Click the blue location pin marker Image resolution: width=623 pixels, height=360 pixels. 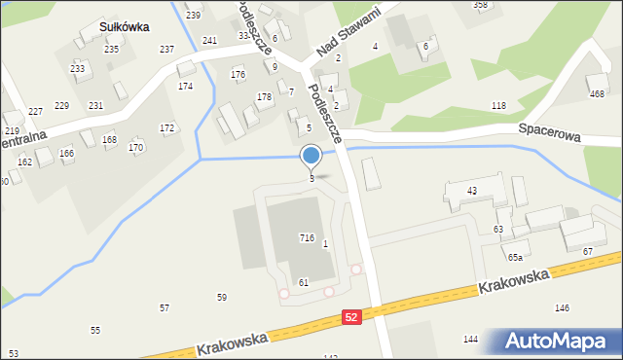(311, 156)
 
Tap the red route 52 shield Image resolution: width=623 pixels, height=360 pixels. (352, 317)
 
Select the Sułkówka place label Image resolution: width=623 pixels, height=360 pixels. (122, 27)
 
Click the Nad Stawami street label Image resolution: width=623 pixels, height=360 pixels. (346, 31)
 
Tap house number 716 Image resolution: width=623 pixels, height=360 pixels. (307, 237)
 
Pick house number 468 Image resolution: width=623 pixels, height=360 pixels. (597, 93)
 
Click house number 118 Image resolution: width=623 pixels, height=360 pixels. (498, 105)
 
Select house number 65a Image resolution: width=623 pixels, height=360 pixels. (515, 257)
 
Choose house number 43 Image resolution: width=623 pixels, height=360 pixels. (472, 191)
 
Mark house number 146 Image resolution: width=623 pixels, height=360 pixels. (562, 307)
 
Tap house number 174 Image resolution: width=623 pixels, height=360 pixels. (185, 87)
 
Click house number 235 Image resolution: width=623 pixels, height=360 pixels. (112, 49)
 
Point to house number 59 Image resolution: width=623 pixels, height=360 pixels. (222, 297)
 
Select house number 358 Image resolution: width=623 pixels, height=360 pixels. (480, 5)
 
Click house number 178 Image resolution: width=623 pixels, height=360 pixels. (264, 97)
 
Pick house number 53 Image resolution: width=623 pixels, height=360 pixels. (13, 353)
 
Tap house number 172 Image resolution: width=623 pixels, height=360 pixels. (166, 127)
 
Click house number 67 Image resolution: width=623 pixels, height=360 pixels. (588, 252)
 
